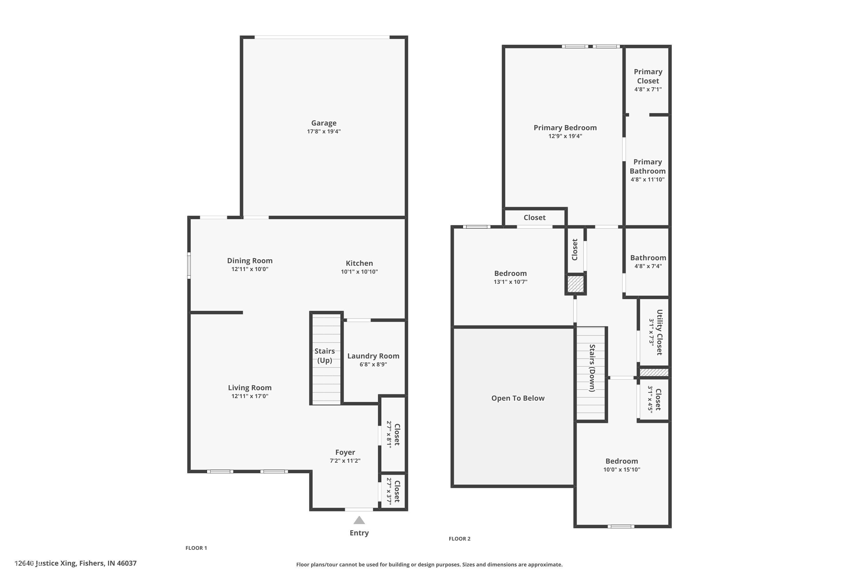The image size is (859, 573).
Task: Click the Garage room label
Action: pos(324,123)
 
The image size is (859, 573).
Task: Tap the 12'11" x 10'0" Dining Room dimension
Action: pos(250,269)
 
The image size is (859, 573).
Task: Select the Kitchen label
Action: pos(359,263)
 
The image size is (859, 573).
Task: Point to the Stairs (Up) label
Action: pos(325,356)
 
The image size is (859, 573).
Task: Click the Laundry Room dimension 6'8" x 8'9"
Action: pos(373,364)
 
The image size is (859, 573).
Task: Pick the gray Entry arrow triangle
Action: pos(359,520)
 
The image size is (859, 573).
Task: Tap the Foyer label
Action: pos(345,452)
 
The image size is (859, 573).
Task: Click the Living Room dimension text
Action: pos(250,396)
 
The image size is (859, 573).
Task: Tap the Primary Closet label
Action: pos(648,76)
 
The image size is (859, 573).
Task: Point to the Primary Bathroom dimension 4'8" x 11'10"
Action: pos(647,179)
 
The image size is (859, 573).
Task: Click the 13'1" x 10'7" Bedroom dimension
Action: pos(510,282)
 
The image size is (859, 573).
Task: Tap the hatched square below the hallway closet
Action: pos(576,284)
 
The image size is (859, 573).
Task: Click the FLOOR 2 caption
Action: pos(460,539)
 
